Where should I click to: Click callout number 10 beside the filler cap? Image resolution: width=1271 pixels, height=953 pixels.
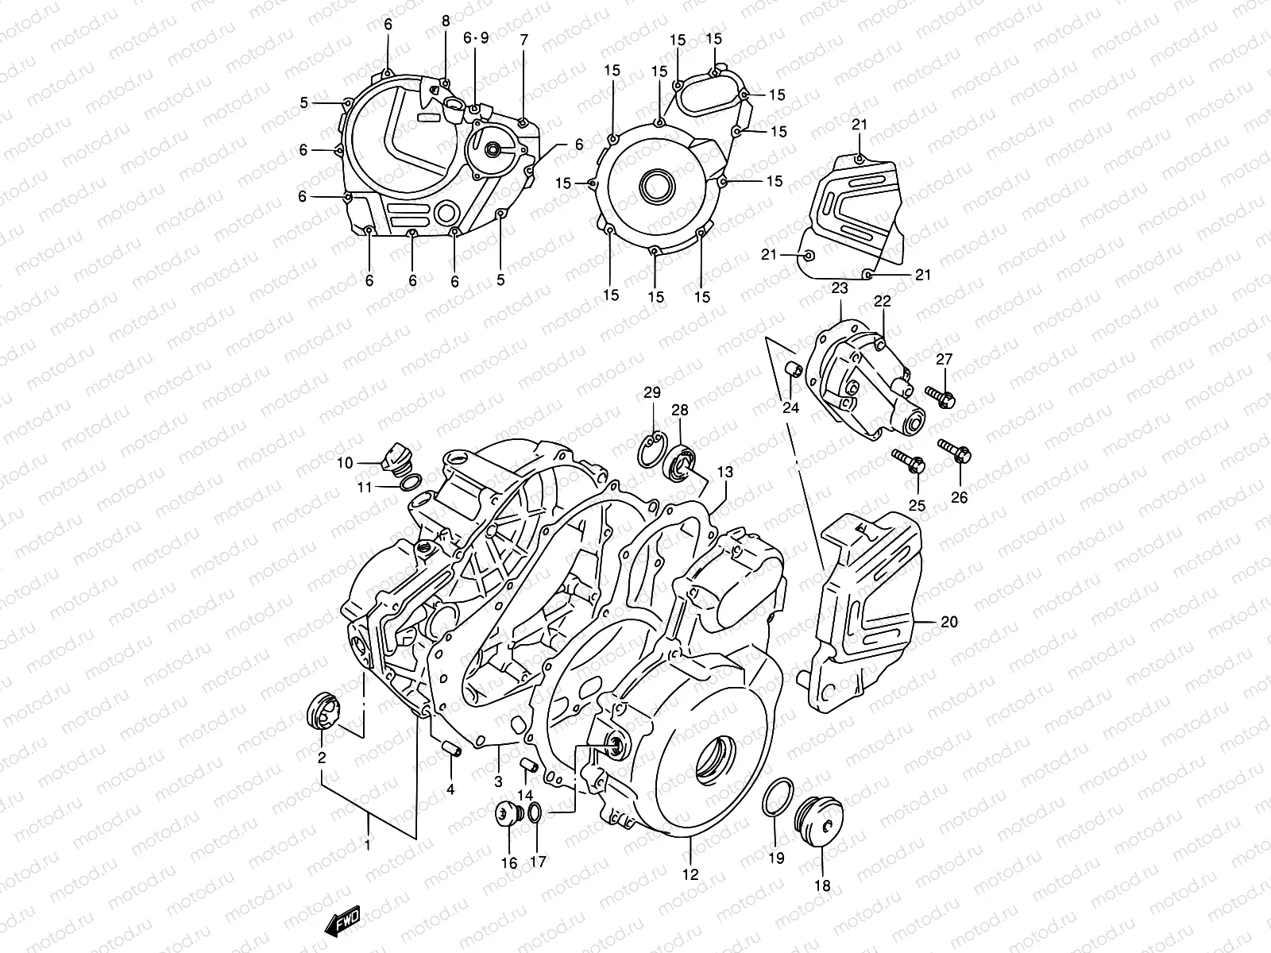pyautogui.click(x=344, y=463)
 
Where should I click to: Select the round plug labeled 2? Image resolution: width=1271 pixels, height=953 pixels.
pyautogui.click(x=323, y=709)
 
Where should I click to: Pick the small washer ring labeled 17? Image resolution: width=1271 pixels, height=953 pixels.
pyautogui.click(x=536, y=812)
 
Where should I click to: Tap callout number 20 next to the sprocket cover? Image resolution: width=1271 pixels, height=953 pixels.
pyautogui.click(x=948, y=622)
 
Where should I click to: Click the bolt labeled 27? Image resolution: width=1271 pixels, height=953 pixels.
pyautogui.click(x=941, y=394)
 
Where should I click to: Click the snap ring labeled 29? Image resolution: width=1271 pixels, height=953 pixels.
pyautogui.click(x=651, y=448)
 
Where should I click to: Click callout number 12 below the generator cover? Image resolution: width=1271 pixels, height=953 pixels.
pyautogui.click(x=690, y=874)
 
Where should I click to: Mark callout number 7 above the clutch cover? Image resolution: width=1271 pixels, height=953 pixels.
pyautogui.click(x=523, y=40)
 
